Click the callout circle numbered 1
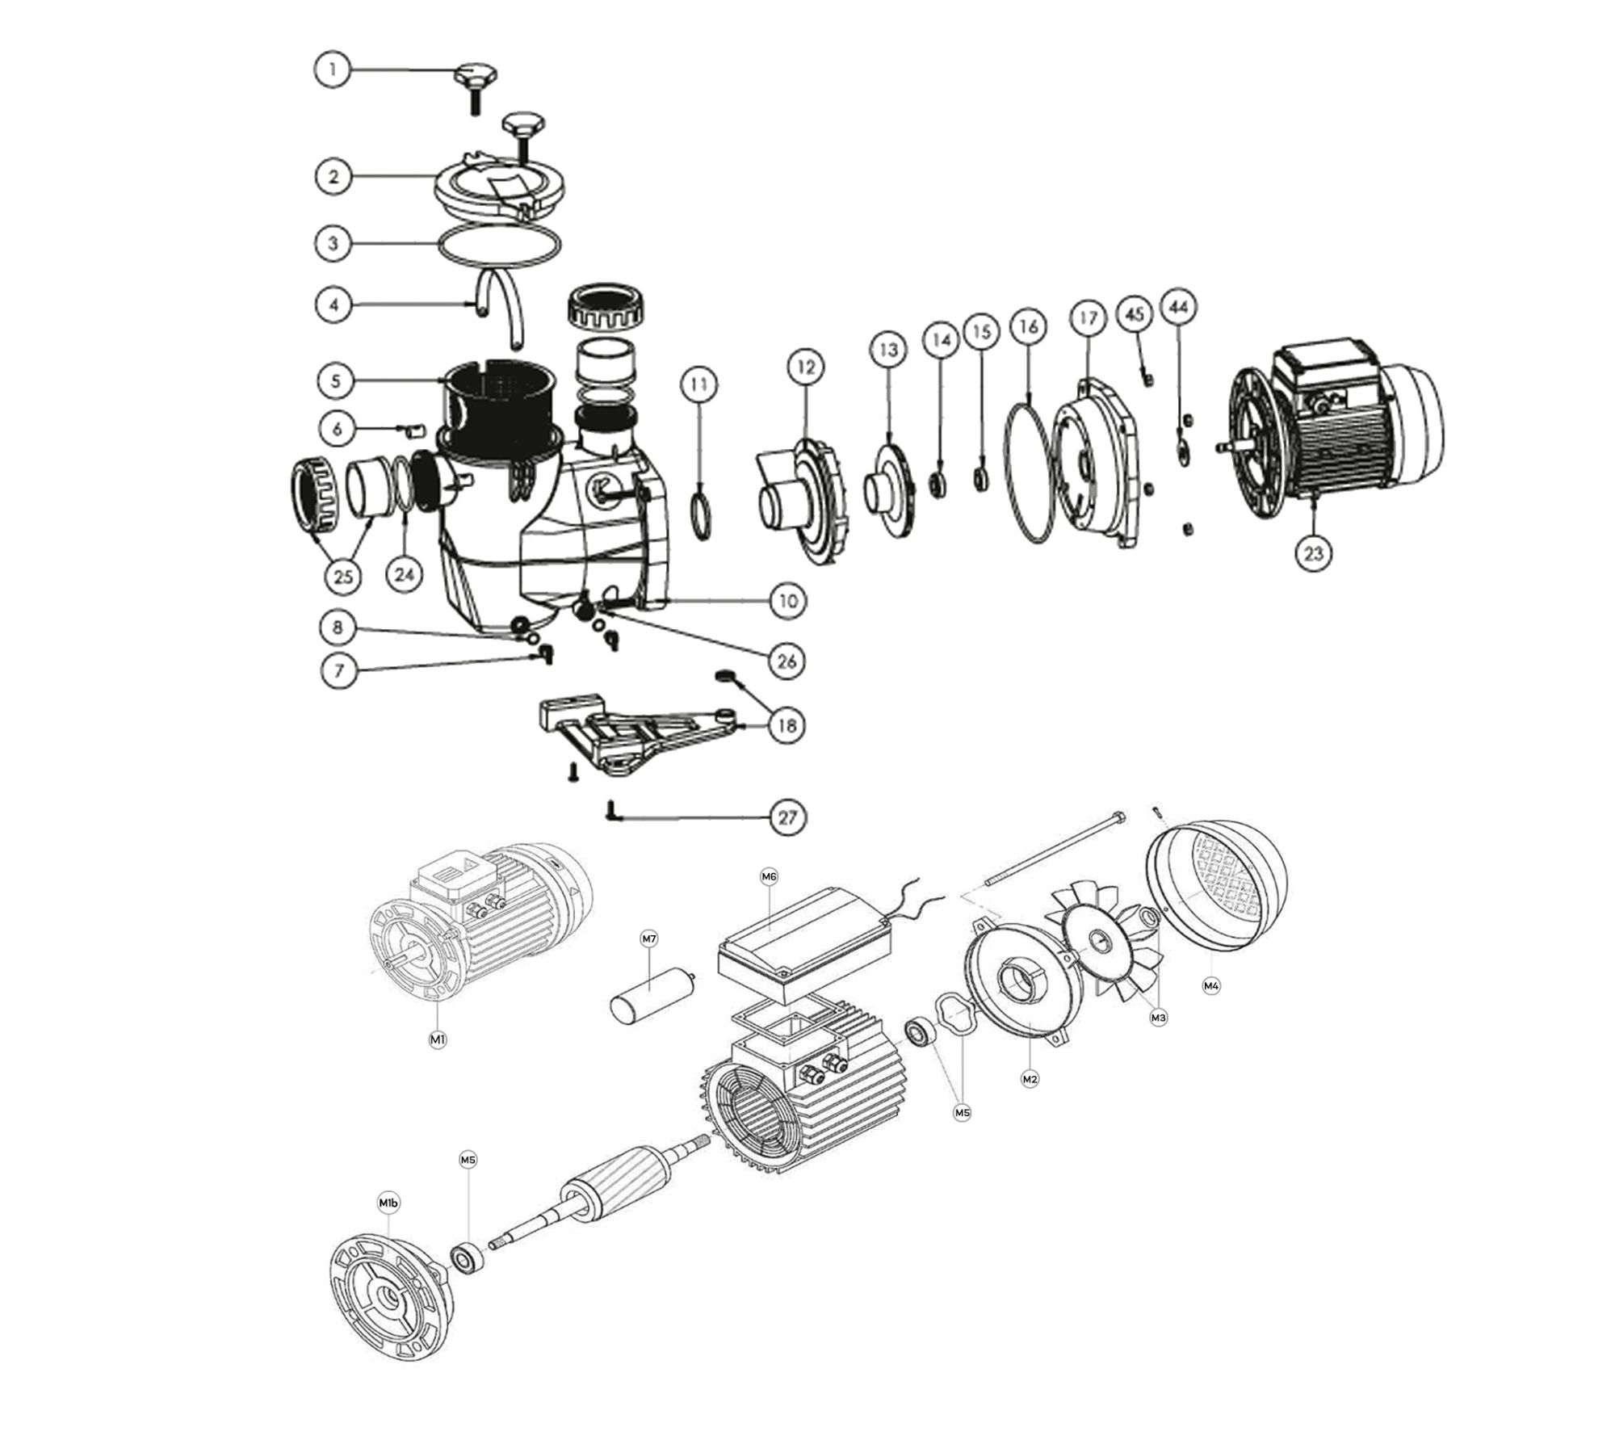[x=333, y=69]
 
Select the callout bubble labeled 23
[x=1314, y=553]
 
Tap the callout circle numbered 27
[x=787, y=817]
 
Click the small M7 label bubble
[x=649, y=938]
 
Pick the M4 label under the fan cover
[x=1210, y=985]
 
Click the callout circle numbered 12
[x=806, y=367]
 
